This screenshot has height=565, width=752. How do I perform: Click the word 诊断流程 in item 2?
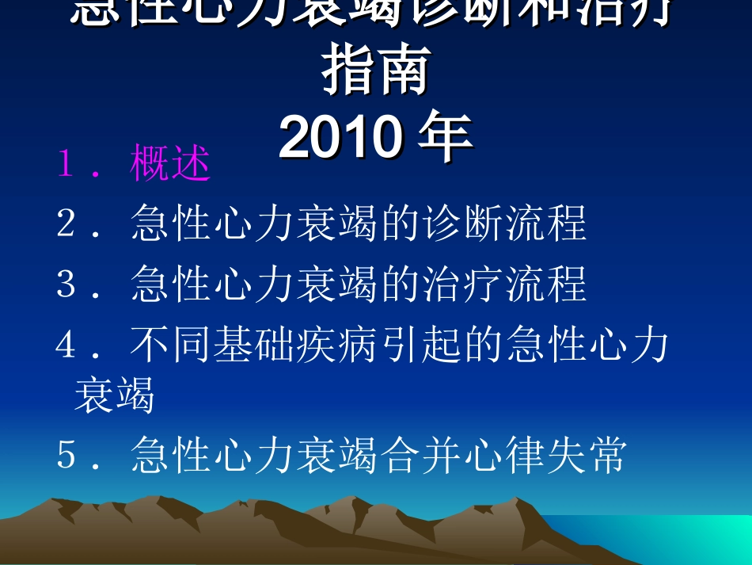[505, 223]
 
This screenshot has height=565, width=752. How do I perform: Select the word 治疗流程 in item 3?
[505, 284]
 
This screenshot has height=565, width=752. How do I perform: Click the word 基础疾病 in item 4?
[294, 345]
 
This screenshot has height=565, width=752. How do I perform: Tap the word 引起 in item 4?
[420, 345]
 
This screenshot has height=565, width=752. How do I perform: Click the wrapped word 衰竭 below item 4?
[114, 395]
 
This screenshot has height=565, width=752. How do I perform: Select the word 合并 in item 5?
[420, 456]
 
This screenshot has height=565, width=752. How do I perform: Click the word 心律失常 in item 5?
[546, 456]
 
